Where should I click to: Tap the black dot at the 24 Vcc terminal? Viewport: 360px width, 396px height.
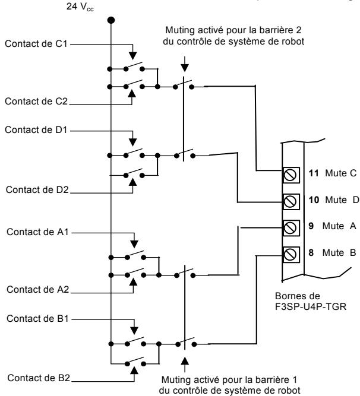coord(110,20)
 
